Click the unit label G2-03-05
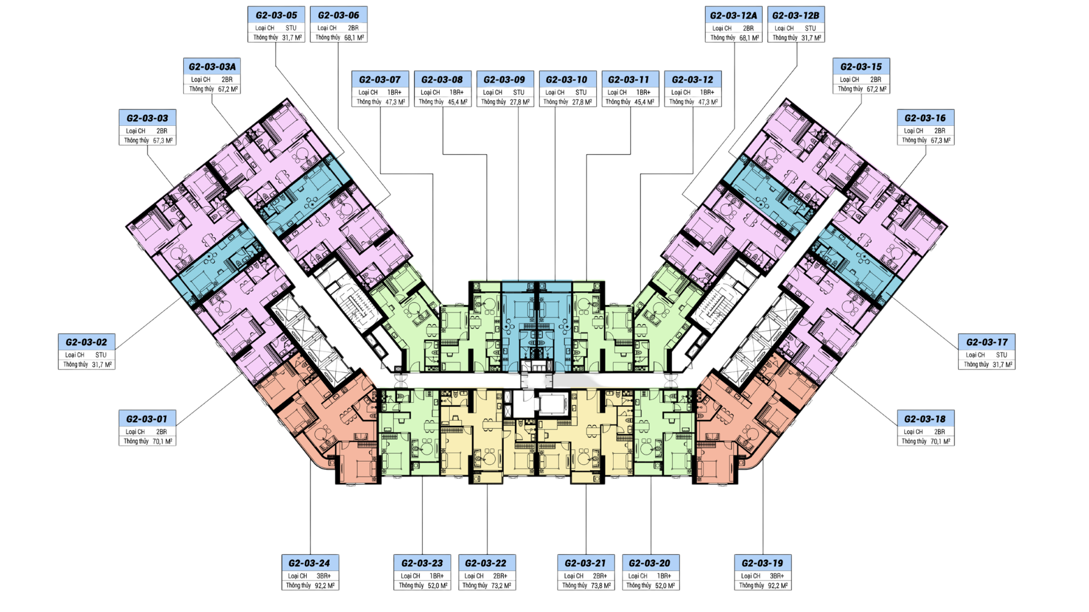click(x=276, y=15)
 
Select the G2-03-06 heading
click(x=339, y=15)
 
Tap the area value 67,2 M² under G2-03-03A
click(x=228, y=89)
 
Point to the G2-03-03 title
click(x=147, y=118)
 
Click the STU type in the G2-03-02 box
click(x=101, y=355)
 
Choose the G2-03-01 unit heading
click(x=147, y=419)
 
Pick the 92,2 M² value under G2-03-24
click(x=324, y=585)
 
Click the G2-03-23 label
click(x=422, y=563)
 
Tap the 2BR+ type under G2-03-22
click(x=500, y=576)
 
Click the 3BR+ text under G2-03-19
click(x=777, y=576)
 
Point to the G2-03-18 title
click(x=925, y=419)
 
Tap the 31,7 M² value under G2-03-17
click(x=1003, y=364)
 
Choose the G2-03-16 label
click(x=925, y=118)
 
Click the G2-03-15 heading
click(x=861, y=66)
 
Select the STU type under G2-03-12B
click(x=811, y=28)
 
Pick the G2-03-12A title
click(x=733, y=15)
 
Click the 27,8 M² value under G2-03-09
click(x=520, y=102)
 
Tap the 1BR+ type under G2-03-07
click(x=394, y=92)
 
